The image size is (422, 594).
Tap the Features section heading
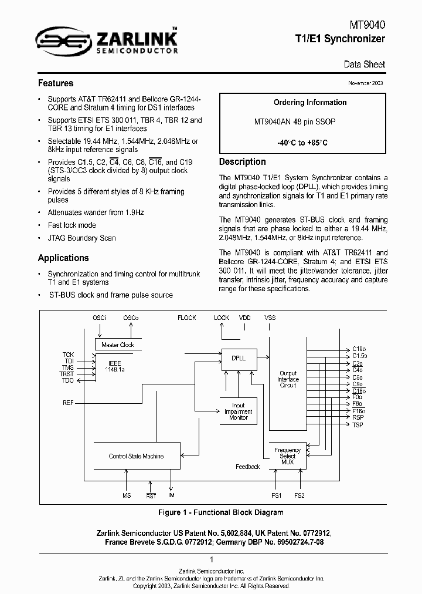(x=56, y=83)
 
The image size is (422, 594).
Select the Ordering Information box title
(x=310, y=102)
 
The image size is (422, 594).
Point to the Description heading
(x=242, y=162)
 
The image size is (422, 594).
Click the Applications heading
(x=63, y=258)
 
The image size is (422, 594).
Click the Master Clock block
(x=117, y=345)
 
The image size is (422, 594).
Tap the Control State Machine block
(x=136, y=456)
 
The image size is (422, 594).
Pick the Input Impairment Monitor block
(x=239, y=411)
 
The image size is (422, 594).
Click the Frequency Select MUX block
(x=287, y=456)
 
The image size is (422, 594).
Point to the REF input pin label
(x=69, y=403)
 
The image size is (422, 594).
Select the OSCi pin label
(x=99, y=318)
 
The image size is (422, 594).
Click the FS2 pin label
(x=300, y=496)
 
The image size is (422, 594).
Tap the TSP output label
(x=358, y=424)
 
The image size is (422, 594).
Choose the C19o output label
(x=359, y=349)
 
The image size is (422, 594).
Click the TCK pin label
(x=69, y=355)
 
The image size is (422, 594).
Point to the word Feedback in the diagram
(x=247, y=467)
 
